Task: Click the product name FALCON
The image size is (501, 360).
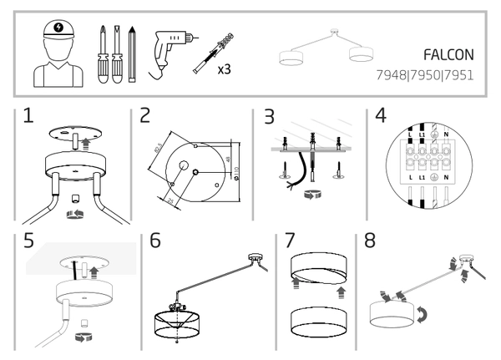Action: [x=448, y=55]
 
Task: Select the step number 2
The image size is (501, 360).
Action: [x=145, y=116]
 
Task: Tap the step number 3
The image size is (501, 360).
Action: [x=268, y=116]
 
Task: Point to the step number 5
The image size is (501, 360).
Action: [x=29, y=241]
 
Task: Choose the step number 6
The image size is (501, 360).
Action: [x=155, y=241]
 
